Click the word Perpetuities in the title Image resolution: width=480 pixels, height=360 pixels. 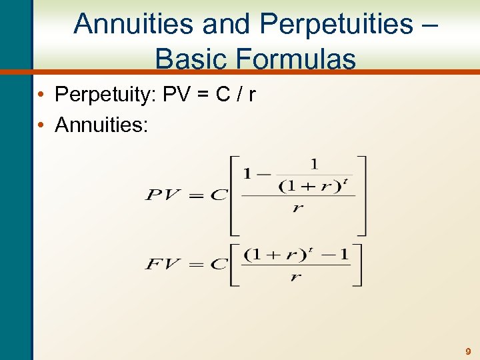pos(337,24)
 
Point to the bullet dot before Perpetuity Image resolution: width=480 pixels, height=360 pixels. pos(41,95)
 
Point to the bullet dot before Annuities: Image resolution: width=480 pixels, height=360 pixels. pos(41,125)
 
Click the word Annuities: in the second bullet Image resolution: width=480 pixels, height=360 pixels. pos(102,125)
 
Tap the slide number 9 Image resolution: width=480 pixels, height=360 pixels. pos(467,351)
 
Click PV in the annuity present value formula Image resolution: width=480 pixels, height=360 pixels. pos(163,195)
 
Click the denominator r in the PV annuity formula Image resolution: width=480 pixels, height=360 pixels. pos(298,208)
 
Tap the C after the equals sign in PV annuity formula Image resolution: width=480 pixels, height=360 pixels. pos(218,195)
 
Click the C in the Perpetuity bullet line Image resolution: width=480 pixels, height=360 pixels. pos(223,95)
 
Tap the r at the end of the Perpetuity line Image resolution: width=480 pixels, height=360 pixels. pos(251,95)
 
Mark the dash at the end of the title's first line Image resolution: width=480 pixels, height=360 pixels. pos(430,25)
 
